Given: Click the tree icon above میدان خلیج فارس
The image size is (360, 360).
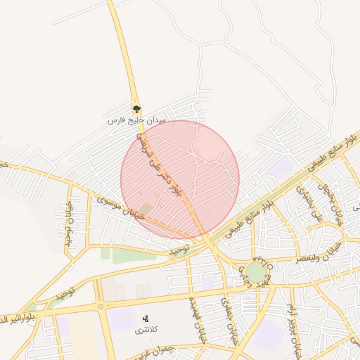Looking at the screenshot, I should tap(136, 109).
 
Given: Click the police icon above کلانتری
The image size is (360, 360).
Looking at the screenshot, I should tap(146, 319).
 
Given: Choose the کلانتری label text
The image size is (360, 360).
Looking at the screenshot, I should tap(147, 330).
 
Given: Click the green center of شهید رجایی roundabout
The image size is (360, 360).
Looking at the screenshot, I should tap(257, 272).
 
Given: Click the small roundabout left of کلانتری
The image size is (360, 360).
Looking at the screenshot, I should tap(101, 306).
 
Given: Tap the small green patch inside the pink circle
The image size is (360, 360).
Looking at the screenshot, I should tap(146, 209).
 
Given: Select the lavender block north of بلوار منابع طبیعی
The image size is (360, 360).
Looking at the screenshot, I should tap(281, 167).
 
